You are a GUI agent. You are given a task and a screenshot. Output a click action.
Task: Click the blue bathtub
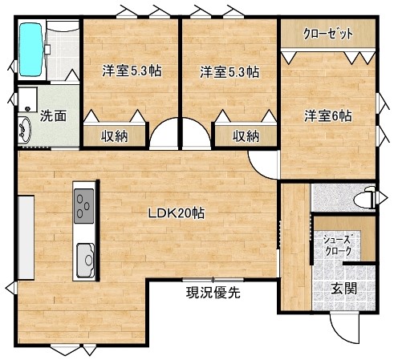[x=31, y=50]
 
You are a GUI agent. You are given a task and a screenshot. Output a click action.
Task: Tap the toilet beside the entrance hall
[x=364, y=198]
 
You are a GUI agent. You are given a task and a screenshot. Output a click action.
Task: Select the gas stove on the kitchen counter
[x=84, y=206]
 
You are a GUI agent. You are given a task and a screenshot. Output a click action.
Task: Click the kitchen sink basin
[x=86, y=261]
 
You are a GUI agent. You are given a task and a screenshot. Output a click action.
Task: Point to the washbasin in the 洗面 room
[x=25, y=130]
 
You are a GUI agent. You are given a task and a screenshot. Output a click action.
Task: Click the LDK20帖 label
[x=177, y=213]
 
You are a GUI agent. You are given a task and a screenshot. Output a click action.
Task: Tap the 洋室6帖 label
[x=328, y=116]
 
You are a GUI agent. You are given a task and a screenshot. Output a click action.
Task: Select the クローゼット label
[x=328, y=34]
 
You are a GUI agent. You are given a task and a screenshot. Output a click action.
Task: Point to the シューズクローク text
[x=338, y=245]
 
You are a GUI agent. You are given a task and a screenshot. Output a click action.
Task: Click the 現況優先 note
[x=213, y=292]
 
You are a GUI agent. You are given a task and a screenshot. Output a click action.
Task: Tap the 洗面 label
[x=53, y=116]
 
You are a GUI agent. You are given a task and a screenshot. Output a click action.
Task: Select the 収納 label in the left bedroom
[x=114, y=136]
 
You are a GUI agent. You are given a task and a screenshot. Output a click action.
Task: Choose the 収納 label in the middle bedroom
[x=246, y=136]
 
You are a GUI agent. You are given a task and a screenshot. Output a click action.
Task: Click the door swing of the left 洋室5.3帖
[x=158, y=124]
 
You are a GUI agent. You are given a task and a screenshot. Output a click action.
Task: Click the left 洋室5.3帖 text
[x=132, y=71]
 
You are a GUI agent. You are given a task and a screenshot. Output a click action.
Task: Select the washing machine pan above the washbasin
[x=27, y=99]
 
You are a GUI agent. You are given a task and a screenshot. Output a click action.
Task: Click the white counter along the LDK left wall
[x=26, y=237]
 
